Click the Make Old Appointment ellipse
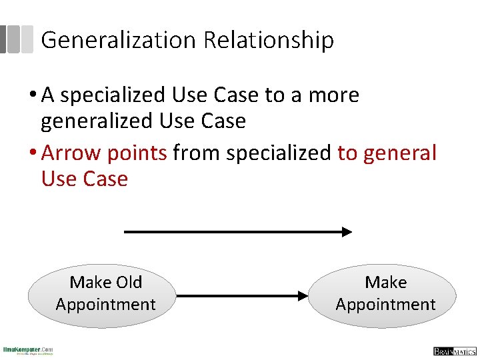pyautogui.click(x=102, y=294)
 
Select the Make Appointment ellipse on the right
pyautogui.click(x=385, y=295)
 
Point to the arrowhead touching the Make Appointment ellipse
pyautogui.click(x=303, y=295)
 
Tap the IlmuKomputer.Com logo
pyautogui.click(x=28, y=350)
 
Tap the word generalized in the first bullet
pyautogui.click(x=97, y=121)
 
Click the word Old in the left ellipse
pyautogui.click(x=128, y=282)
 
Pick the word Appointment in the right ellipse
pyautogui.click(x=385, y=305)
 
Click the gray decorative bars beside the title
pyautogui.click(x=16, y=39)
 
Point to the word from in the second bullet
pyautogui.click(x=197, y=153)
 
